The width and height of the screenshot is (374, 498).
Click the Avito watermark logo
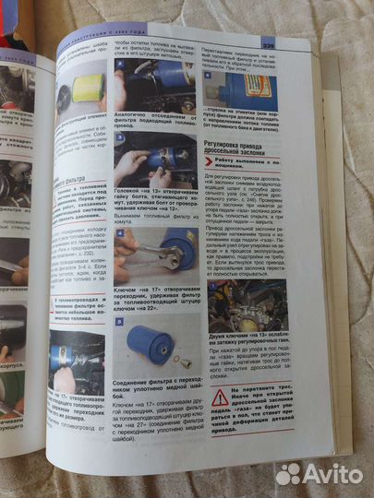tap(319, 473)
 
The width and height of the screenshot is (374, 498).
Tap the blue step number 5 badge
tap(120, 322)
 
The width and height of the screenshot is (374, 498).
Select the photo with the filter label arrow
tap(237, 88)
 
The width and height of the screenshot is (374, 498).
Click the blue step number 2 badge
tap(121, 65)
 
